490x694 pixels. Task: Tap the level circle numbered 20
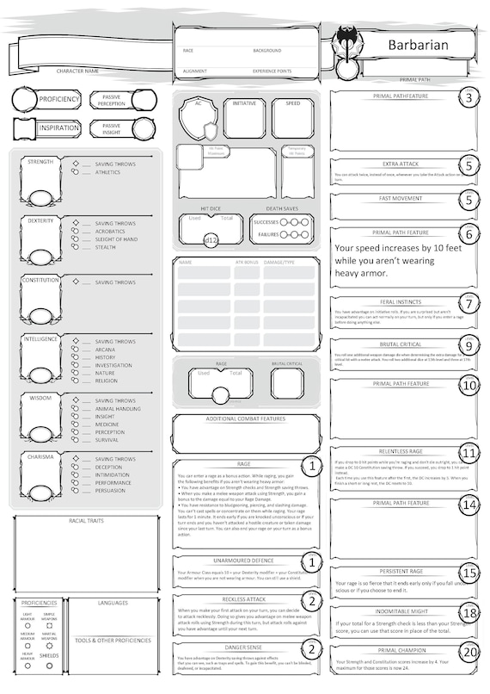tap(468, 651)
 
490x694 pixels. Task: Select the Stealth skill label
tap(105, 247)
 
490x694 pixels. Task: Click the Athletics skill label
tap(107, 172)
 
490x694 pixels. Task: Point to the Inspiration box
tap(46, 128)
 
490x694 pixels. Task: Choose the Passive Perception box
tap(111, 102)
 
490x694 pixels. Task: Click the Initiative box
tap(244, 116)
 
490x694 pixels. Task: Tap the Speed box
tap(292, 116)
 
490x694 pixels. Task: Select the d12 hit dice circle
tap(210, 240)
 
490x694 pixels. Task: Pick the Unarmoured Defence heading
tap(243, 561)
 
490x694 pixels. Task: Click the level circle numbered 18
tap(468, 612)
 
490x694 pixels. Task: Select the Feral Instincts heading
tap(395, 302)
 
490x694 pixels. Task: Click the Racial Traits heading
tap(85, 521)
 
